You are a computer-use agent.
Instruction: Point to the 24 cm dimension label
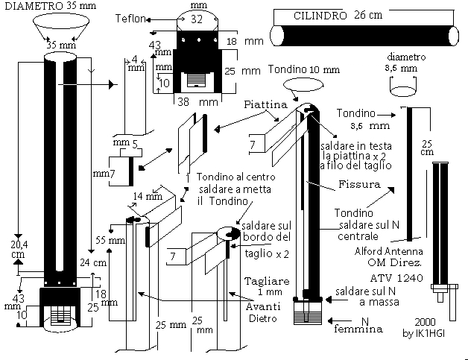95,262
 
